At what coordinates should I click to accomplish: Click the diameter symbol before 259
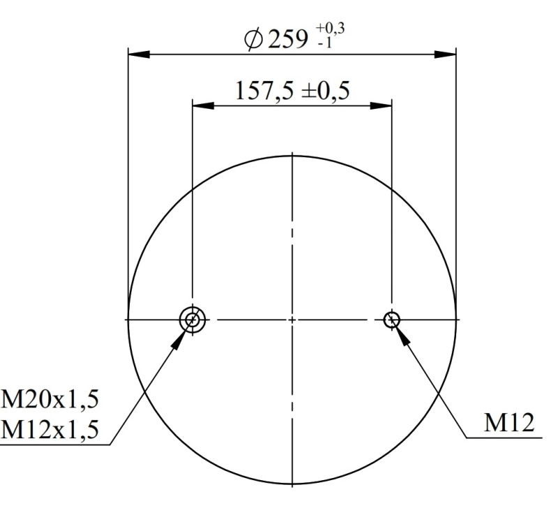[254, 40]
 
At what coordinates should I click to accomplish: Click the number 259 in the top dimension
[287, 40]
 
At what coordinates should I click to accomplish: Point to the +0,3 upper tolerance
[330, 29]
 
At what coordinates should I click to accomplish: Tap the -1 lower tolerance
[324, 43]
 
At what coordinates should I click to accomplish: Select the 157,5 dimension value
[265, 91]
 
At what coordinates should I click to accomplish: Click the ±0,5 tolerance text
[325, 91]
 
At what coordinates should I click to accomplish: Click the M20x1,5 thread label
[50, 399]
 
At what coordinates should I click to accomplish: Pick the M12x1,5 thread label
[50, 429]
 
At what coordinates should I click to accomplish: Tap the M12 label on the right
[509, 423]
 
